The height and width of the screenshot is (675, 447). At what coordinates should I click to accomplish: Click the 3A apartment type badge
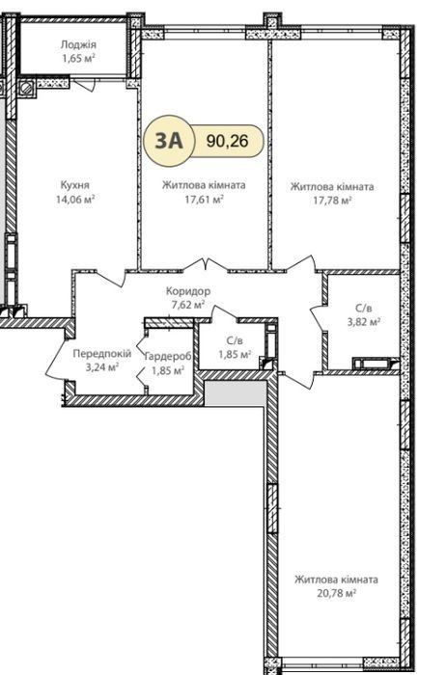pos(169,141)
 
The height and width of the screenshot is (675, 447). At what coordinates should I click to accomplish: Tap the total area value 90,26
pos(227,141)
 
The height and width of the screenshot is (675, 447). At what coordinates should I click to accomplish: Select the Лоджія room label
pos(78,44)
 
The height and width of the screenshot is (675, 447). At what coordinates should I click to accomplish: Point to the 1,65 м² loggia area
pos(78,58)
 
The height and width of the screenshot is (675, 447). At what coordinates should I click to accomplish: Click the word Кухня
pos(75,185)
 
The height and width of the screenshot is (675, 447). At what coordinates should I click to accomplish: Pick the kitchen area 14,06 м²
pos(75,199)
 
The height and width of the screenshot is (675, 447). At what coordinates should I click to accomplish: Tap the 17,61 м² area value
pos(204,199)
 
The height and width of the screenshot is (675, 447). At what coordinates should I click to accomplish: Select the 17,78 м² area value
pos(332,201)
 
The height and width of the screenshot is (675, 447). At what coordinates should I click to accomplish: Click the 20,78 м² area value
pos(336,593)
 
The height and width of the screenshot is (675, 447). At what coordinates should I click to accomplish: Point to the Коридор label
pos(188,291)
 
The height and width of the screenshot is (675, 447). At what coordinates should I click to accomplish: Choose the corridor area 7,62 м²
pos(188,305)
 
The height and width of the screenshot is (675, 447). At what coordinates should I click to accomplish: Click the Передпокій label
pos(101,354)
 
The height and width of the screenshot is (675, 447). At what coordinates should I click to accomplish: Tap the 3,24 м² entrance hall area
pos(102,367)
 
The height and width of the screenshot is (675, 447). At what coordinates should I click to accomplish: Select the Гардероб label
pos(168,357)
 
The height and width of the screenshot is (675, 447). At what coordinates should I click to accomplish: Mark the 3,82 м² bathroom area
pos(363,321)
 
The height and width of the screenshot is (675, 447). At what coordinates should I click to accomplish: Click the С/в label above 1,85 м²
pos(235,341)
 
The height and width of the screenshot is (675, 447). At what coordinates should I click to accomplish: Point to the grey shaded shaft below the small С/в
pos(235,392)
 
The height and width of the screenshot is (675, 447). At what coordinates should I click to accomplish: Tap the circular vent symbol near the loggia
pos(27,88)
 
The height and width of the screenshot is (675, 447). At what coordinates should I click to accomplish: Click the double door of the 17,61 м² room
pos(206,265)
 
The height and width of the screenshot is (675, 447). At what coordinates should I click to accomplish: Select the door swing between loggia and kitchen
pos(88,85)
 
